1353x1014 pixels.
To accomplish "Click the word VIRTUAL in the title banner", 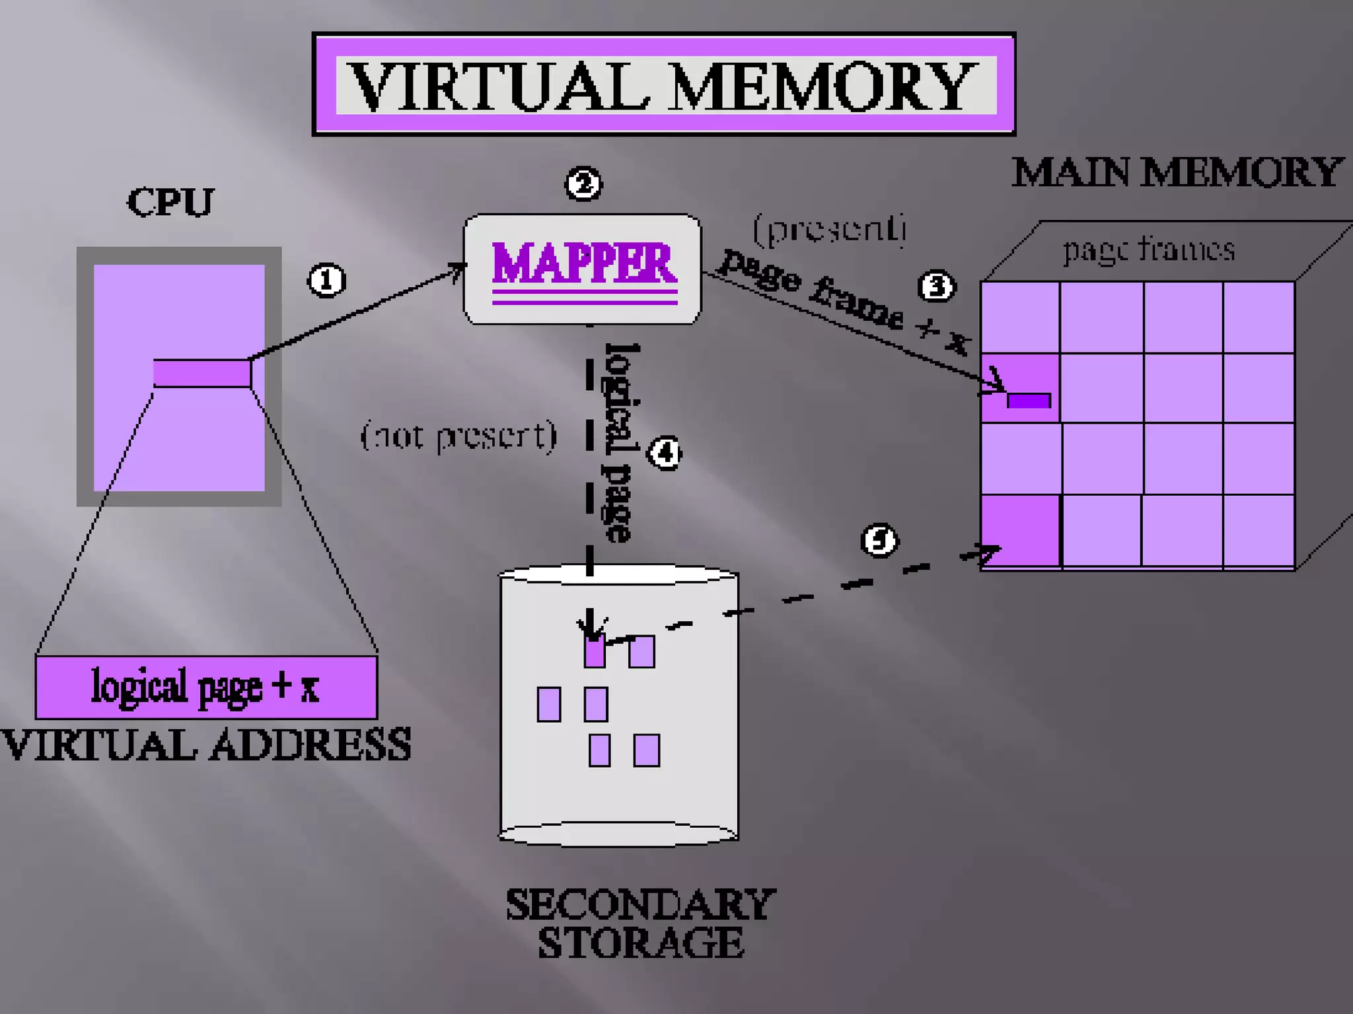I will pyautogui.click(x=499, y=86).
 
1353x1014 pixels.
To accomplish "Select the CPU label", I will pyautogui.click(x=170, y=202).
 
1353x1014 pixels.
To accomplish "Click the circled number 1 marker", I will pyautogui.click(x=326, y=281).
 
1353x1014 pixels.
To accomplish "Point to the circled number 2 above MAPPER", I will pyautogui.click(x=583, y=184).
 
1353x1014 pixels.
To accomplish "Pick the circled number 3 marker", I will pyautogui.click(x=937, y=287).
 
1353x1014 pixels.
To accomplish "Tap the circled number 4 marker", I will pyautogui.click(x=665, y=453).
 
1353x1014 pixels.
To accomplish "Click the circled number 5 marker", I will pyautogui.click(x=879, y=541).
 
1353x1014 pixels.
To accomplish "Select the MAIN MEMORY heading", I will pyautogui.click(x=1177, y=173).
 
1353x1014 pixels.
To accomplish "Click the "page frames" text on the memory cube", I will pyautogui.click(x=1148, y=250).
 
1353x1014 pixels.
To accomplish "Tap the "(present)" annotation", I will pyautogui.click(x=830, y=229).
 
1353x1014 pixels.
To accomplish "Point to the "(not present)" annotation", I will pyautogui.click(x=458, y=436).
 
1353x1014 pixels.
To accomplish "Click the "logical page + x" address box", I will pyautogui.click(x=206, y=687).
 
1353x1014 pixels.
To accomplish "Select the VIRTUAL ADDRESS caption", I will pyautogui.click(x=206, y=745).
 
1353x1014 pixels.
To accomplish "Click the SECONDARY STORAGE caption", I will pyautogui.click(x=640, y=924).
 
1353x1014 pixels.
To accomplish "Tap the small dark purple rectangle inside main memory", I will pyautogui.click(x=1029, y=401).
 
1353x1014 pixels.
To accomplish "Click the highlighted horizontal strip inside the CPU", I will pyautogui.click(x=201, y=373).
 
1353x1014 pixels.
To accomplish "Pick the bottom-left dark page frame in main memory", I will pyautogui.click(x=1020, y=531).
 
